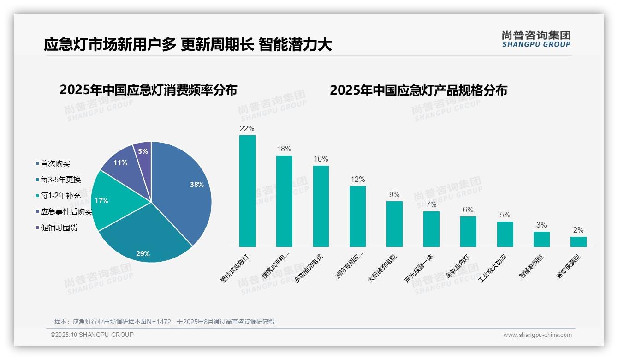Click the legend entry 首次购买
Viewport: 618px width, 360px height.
pyautogui.click(x=55, y=163)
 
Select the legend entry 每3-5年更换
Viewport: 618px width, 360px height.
pyautogui.click(x=60, y=180)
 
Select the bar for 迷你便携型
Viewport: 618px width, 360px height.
pyautogui.click(x=578, y=242)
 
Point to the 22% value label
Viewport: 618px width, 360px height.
pyautogui.click(x=247, y=128)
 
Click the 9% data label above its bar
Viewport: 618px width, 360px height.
pyautogui.click(x=394, y=195)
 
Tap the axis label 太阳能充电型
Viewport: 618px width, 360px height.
pyautogui.click(x=382, y=268)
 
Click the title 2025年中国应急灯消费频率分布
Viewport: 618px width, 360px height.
pyautogui.click(x=148, y=90)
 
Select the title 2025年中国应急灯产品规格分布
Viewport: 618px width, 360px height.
pyautogui.click(x=418, y=90)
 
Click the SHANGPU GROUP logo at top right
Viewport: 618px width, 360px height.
pyautogui.click(x=536, y=39)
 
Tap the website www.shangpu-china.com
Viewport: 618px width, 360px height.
pyautogui.click(x=537, y=335)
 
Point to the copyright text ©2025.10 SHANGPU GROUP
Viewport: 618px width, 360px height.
pyautogui.click(x=92, y=335)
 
